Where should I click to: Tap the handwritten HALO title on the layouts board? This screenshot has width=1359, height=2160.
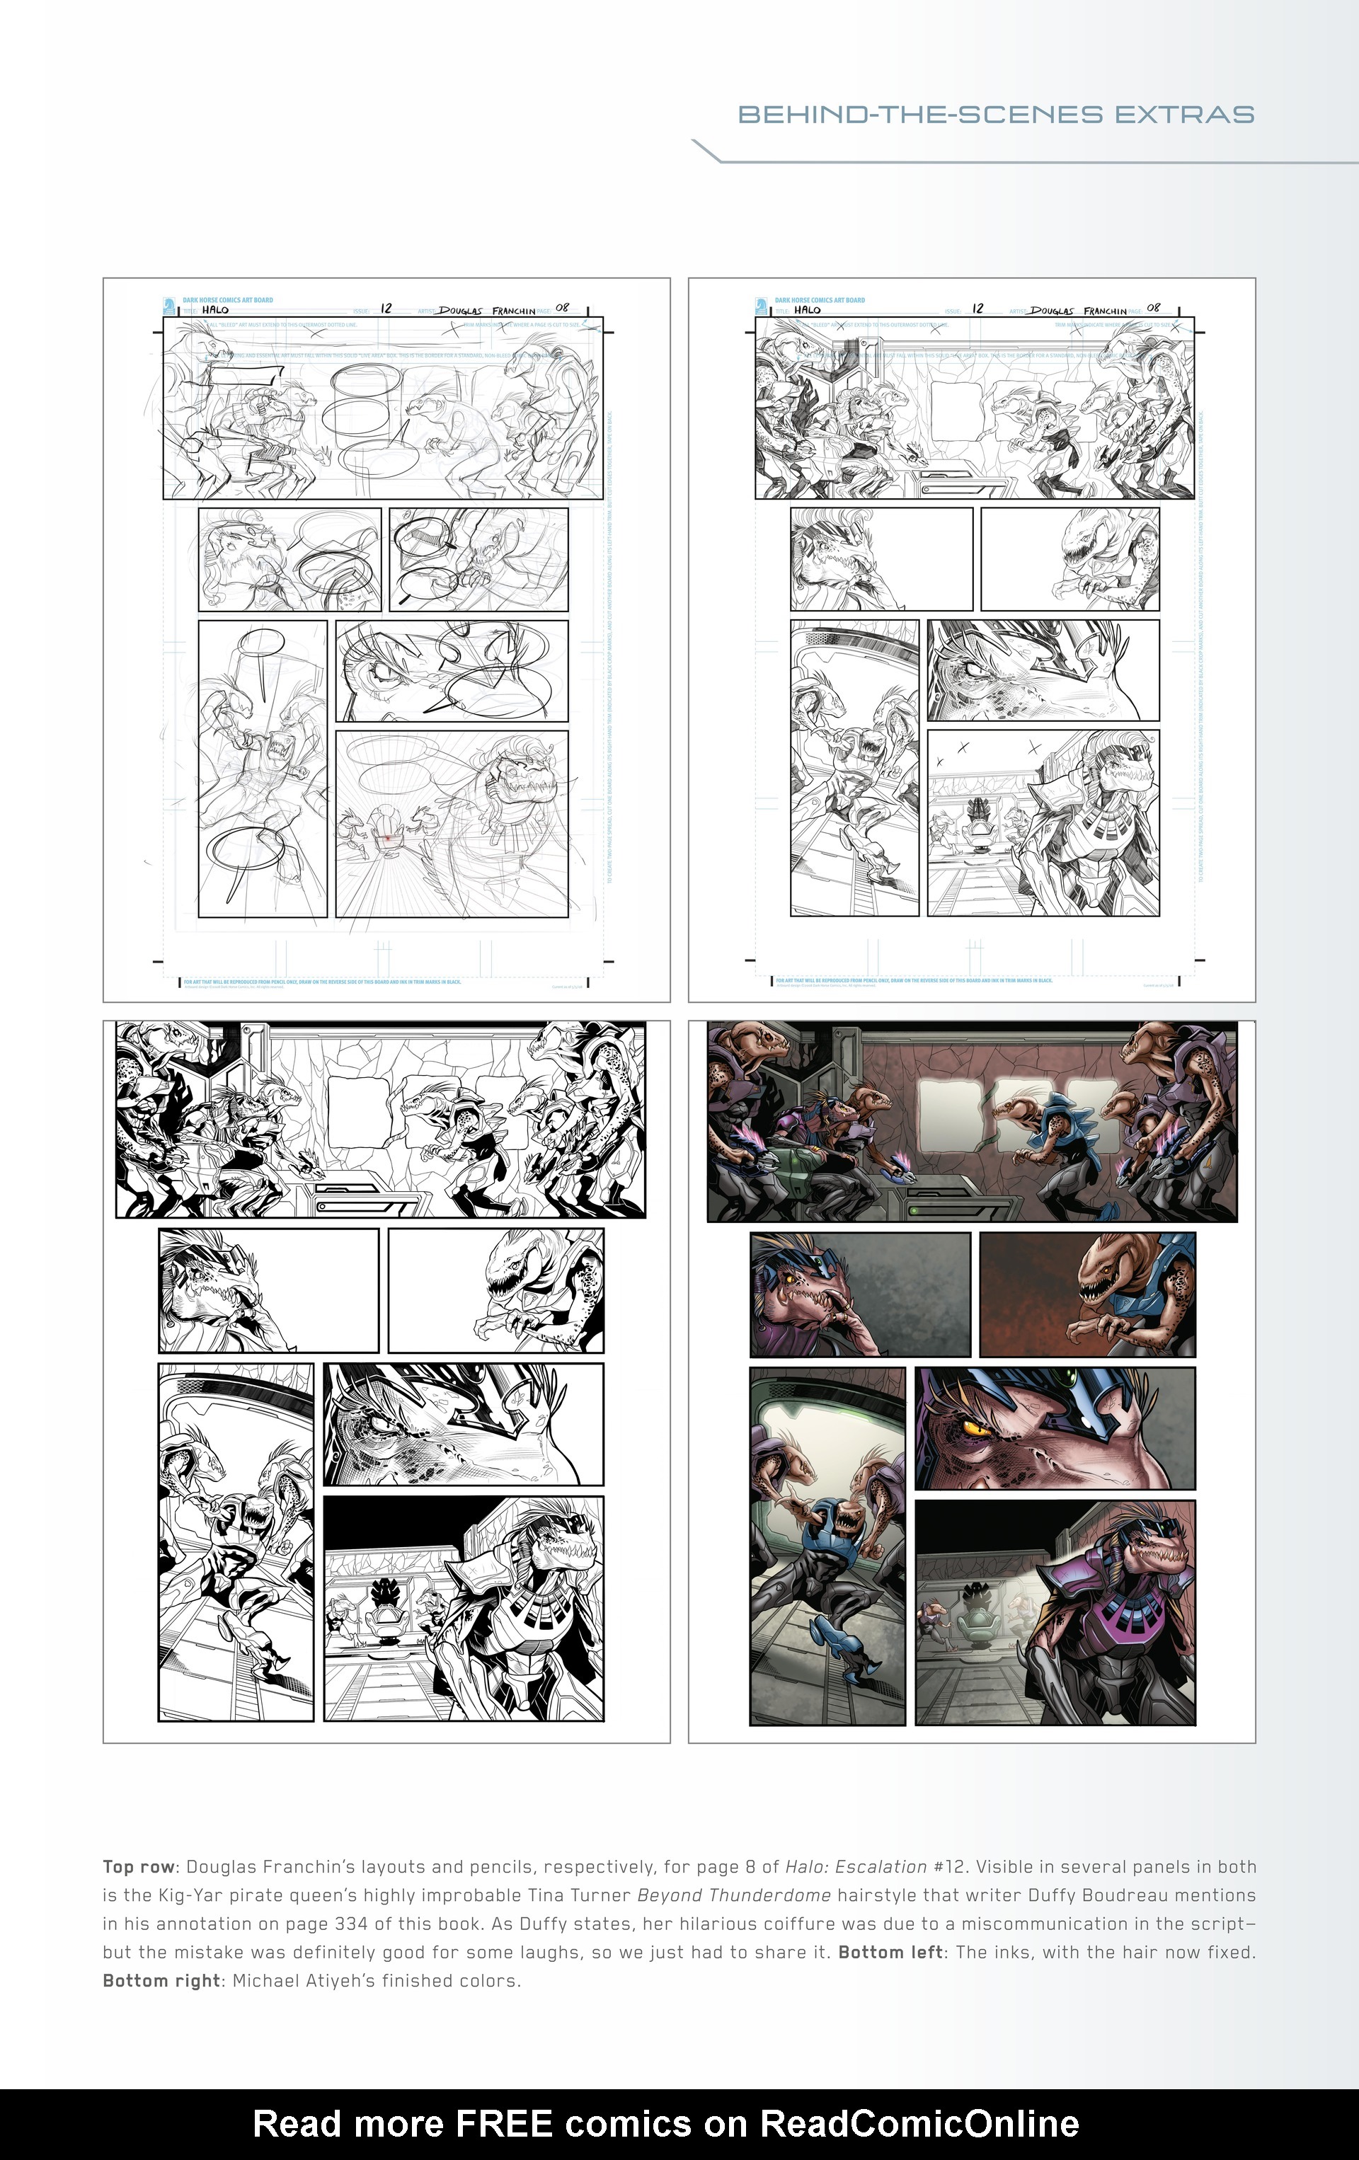click(x=215, y=309)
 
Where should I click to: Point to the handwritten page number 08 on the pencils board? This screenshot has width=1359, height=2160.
click(x=1154, y=308)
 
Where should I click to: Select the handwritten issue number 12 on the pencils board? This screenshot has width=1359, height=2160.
click(x=977, y=308)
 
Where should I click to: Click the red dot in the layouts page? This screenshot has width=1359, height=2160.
click(x=387, y=839)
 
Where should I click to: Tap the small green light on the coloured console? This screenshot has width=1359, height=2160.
click(x=913, y=1211)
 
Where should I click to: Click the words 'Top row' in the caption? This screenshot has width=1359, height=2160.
click(x=139, y=1867)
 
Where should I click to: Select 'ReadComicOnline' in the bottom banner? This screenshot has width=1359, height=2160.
click(x=919, y=2123)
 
